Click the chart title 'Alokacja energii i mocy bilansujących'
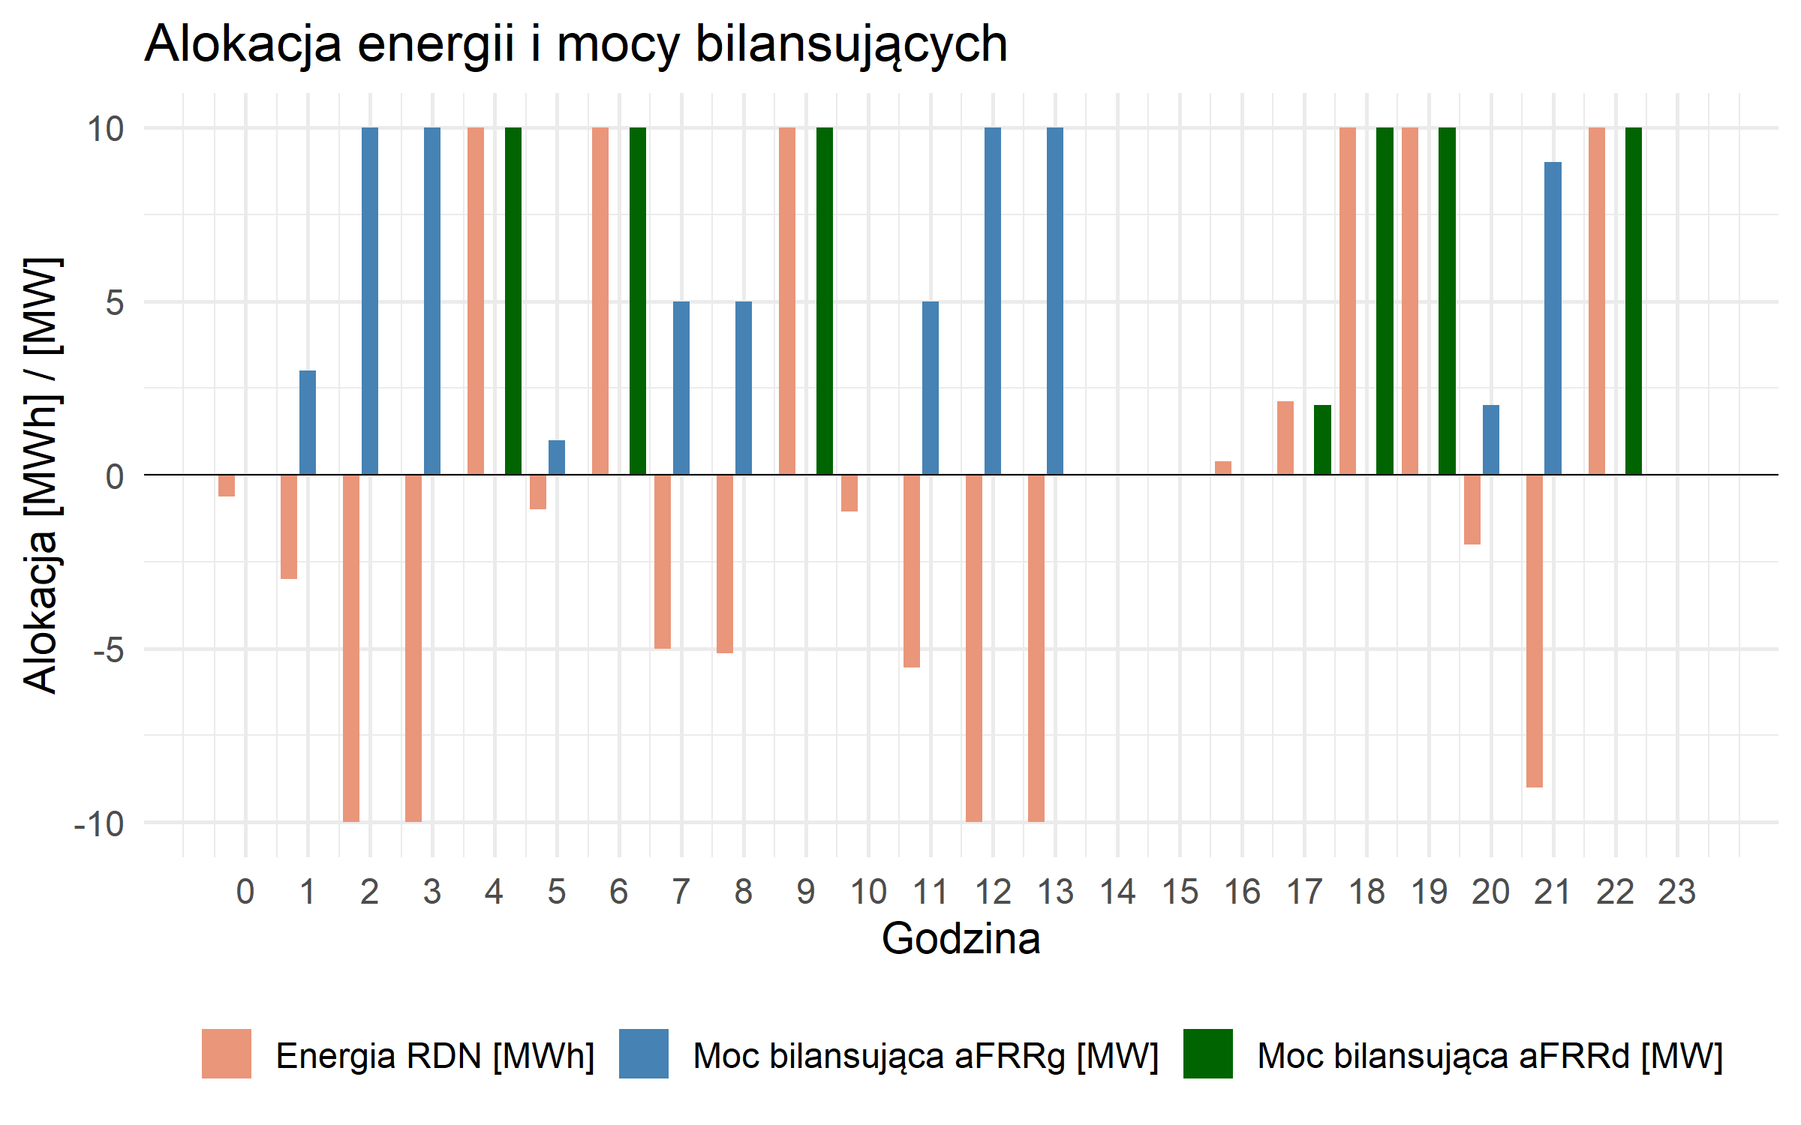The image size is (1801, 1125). pos(576,43)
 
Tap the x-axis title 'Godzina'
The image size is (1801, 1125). pos(961,939)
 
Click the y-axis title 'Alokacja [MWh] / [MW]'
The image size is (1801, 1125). pos(41,475)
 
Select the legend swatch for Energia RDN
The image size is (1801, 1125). pos(226,1054)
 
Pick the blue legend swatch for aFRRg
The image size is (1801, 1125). pos(643,1054)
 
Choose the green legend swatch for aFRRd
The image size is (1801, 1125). pos(1207,1054)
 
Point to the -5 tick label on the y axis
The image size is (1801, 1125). pos(108,649)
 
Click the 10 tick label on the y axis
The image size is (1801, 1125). pos(106,129)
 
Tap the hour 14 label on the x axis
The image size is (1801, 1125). pos(1117,892)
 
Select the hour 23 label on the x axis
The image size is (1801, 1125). pos(1676,892)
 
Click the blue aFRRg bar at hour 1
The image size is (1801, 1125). pos(308,423)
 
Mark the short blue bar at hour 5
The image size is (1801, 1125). pos(557,457)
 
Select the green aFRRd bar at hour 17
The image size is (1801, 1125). pos(1322,440)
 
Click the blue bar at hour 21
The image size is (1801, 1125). pos(1553,319)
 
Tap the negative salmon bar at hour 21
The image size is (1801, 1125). pos(1534,631)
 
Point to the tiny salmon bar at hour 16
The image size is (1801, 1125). pos(1223,468)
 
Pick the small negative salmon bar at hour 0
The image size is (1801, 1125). pos(227,485)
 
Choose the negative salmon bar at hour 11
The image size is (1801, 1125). pos(912,571)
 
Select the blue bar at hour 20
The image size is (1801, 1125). pos(1490,440)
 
